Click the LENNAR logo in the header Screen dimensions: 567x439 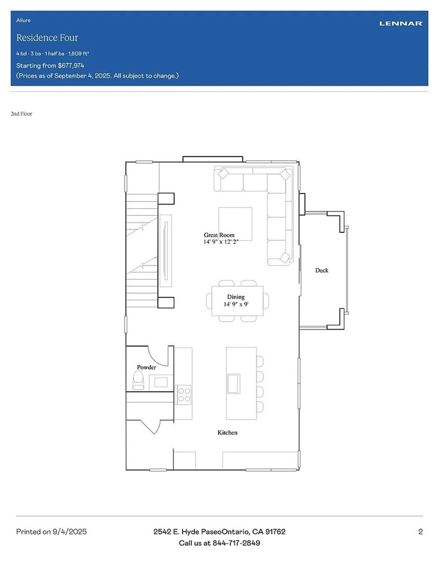tap(401, 24)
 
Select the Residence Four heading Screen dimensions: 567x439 tap(47, 38)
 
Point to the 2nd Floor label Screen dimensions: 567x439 tap(21, 114)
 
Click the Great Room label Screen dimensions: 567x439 tap(219, 235)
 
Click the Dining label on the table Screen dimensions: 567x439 tap(236, 297)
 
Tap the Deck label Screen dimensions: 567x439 tap(321, 271)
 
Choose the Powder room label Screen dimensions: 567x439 tap(147, 367)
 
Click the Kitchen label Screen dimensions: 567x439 tap(227, 433)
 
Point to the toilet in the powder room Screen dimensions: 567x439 tap(138, 383)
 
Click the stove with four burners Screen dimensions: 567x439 tap(184, 394)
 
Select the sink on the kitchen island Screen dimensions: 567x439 tap(233, 384)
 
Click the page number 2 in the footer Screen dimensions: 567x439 tap(420, 532)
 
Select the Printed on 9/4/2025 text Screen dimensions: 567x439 tap(51, 532)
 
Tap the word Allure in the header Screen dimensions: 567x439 tap(23, 20)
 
